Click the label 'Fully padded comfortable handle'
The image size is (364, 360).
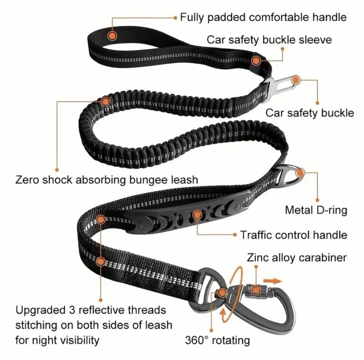[x=263, y=18]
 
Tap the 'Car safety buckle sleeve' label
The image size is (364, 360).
[x=269, y=40]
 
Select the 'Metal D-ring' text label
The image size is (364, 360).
[x=316, y=210]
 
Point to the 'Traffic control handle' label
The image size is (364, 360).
[x=293, y=235]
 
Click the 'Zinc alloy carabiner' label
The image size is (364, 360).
[x=297, y=257]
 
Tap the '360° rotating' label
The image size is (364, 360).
[x=217, y=340]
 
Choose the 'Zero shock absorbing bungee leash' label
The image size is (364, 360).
[x=107, y=180]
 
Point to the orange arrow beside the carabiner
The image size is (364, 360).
[x=273, y=280]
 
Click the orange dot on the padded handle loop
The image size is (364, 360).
[x=113, y=34]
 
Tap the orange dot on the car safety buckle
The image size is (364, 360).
[x=296, y=80]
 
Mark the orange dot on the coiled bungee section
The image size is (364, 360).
[x=105, y=101]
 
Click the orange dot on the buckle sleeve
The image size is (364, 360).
[x=256, y=61]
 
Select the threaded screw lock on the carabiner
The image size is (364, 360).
[x=252, y=290]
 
